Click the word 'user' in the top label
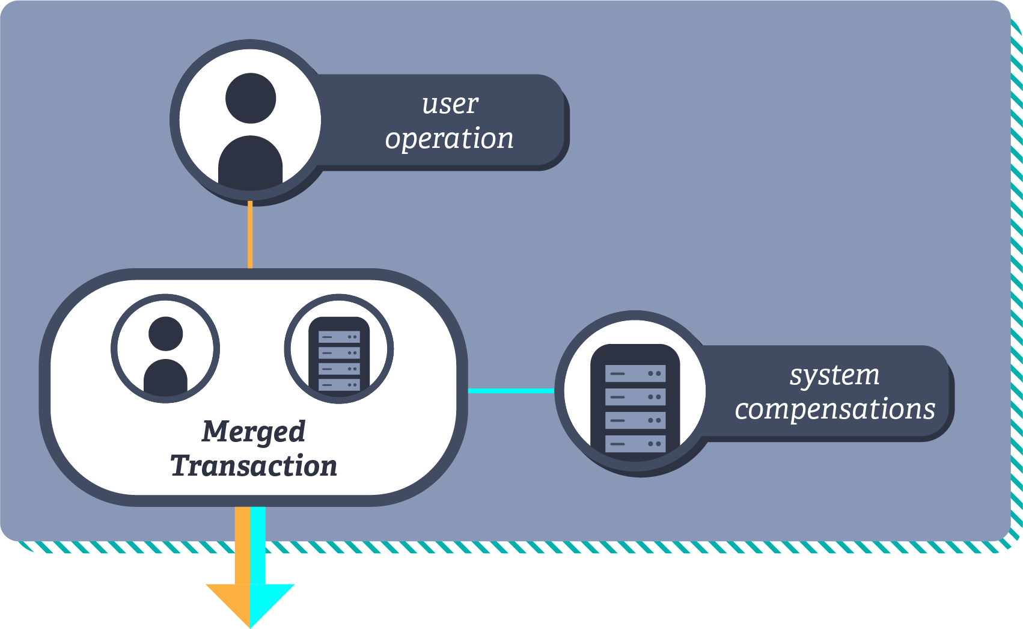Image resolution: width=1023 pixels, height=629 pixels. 450,105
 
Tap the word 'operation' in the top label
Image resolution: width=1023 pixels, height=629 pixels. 449,139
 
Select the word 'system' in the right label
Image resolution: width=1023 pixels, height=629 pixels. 834,376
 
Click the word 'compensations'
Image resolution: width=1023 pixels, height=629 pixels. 835,410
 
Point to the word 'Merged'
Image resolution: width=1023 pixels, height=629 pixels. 254,432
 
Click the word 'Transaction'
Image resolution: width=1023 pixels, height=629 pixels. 254,466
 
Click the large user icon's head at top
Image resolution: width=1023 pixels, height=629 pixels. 251,98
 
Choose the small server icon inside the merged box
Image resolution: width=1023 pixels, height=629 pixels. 339,354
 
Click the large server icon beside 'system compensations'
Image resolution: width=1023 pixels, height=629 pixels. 635,400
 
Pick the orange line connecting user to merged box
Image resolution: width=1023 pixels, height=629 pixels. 250,235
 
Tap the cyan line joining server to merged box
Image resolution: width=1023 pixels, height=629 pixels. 511,391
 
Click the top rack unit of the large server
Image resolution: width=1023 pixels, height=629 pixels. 635,373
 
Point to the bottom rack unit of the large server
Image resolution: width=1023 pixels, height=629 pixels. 635,444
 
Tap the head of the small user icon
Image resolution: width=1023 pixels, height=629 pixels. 165,333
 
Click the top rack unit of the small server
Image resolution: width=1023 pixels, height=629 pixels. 339,337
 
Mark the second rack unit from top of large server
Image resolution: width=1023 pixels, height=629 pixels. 635,397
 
